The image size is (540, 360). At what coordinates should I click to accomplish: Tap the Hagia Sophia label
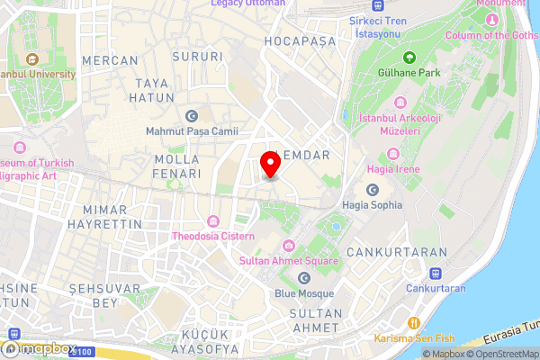(x=373, y=204)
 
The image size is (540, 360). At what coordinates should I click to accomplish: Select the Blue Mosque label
(x=304, y=293)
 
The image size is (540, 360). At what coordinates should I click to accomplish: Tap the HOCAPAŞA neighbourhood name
(x=301, y=41)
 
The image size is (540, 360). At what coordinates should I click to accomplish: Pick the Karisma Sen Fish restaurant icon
(x=414, y=322)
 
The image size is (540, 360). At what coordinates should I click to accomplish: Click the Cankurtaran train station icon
(x=436, y=274)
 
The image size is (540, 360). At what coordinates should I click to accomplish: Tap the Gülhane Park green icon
(x=409, y=58)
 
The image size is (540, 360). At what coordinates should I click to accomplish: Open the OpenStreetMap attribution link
(x=502, y=354)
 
